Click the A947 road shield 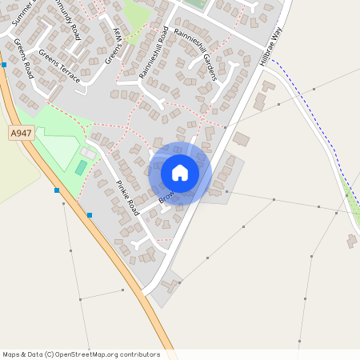21,133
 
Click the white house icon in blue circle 180,173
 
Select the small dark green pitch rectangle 81,167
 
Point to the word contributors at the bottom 141,354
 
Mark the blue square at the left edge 4,64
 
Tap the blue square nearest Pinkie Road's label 90,214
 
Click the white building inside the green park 87,152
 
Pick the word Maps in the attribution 11,354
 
